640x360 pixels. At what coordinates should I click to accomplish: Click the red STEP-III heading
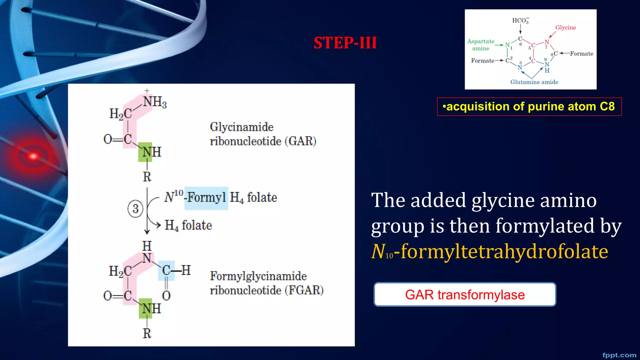pos(345,43)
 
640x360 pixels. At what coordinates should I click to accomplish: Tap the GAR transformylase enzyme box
pos(465,295)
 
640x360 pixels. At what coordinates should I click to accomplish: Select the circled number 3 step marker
pos(135,209)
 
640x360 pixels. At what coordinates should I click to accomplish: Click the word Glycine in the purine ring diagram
pos(565,27)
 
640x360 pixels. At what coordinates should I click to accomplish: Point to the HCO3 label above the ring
pos(520,21)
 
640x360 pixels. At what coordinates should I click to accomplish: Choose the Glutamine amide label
pos(534,82)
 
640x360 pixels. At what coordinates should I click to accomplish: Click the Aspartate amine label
pos(481,45)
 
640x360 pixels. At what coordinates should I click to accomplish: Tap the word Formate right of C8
pos(581,53)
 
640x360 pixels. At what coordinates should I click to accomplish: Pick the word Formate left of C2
pos(482,61)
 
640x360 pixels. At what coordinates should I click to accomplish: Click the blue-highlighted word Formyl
pos(206,197)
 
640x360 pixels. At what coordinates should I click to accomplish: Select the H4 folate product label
pos(188,225)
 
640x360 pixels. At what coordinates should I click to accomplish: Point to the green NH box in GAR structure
pos(145,152)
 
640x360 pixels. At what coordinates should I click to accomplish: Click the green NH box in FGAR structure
pos(146,309)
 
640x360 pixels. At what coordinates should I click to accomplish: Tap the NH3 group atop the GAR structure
pos(154,102)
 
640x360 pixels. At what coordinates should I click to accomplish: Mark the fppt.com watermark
pos(619,355)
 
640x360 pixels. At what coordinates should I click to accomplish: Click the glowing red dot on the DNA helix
pos(33,156)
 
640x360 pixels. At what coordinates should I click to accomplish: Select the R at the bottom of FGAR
pos(147,334)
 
